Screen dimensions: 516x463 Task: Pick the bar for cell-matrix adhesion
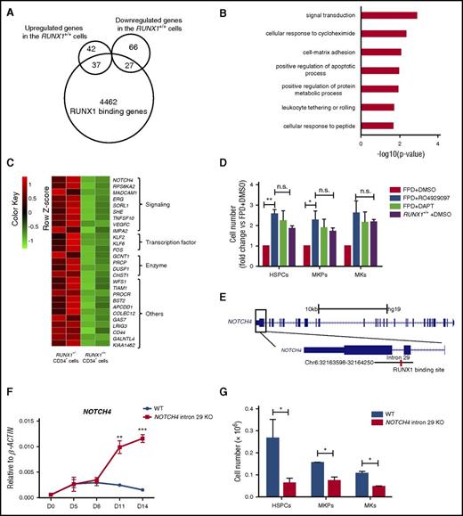(x=380, y=53)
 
